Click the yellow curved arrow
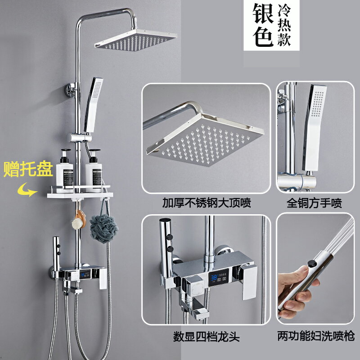[27, 191]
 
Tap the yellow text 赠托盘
[28, 170]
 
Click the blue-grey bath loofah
[103, 228]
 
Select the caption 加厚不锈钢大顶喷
[207, 203]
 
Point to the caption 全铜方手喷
[314, 203]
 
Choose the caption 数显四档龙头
[207, 337]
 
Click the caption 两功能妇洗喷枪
[316, 336]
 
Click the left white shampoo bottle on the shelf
[64, 170]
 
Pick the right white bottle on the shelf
[94, 170]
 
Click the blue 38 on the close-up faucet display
[214, 278]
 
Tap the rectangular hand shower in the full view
[94, 105]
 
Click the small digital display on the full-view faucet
[85, 274]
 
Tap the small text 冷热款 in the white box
[284, 25]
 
